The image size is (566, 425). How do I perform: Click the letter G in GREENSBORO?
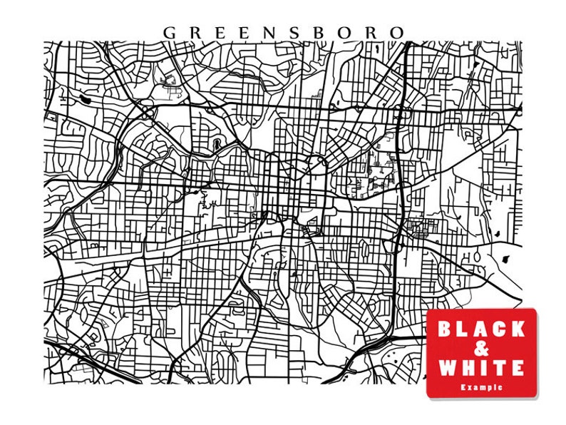[170, 33]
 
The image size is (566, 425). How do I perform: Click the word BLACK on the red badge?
[480, 329]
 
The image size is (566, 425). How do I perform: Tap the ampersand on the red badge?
[481, 349]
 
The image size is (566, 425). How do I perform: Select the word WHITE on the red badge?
[481, 368]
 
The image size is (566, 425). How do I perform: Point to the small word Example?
[481, 386]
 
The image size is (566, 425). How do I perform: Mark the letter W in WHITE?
[446, 368]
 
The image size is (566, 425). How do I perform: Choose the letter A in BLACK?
[480, 329]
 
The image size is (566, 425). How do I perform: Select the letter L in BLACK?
[463, 329]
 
